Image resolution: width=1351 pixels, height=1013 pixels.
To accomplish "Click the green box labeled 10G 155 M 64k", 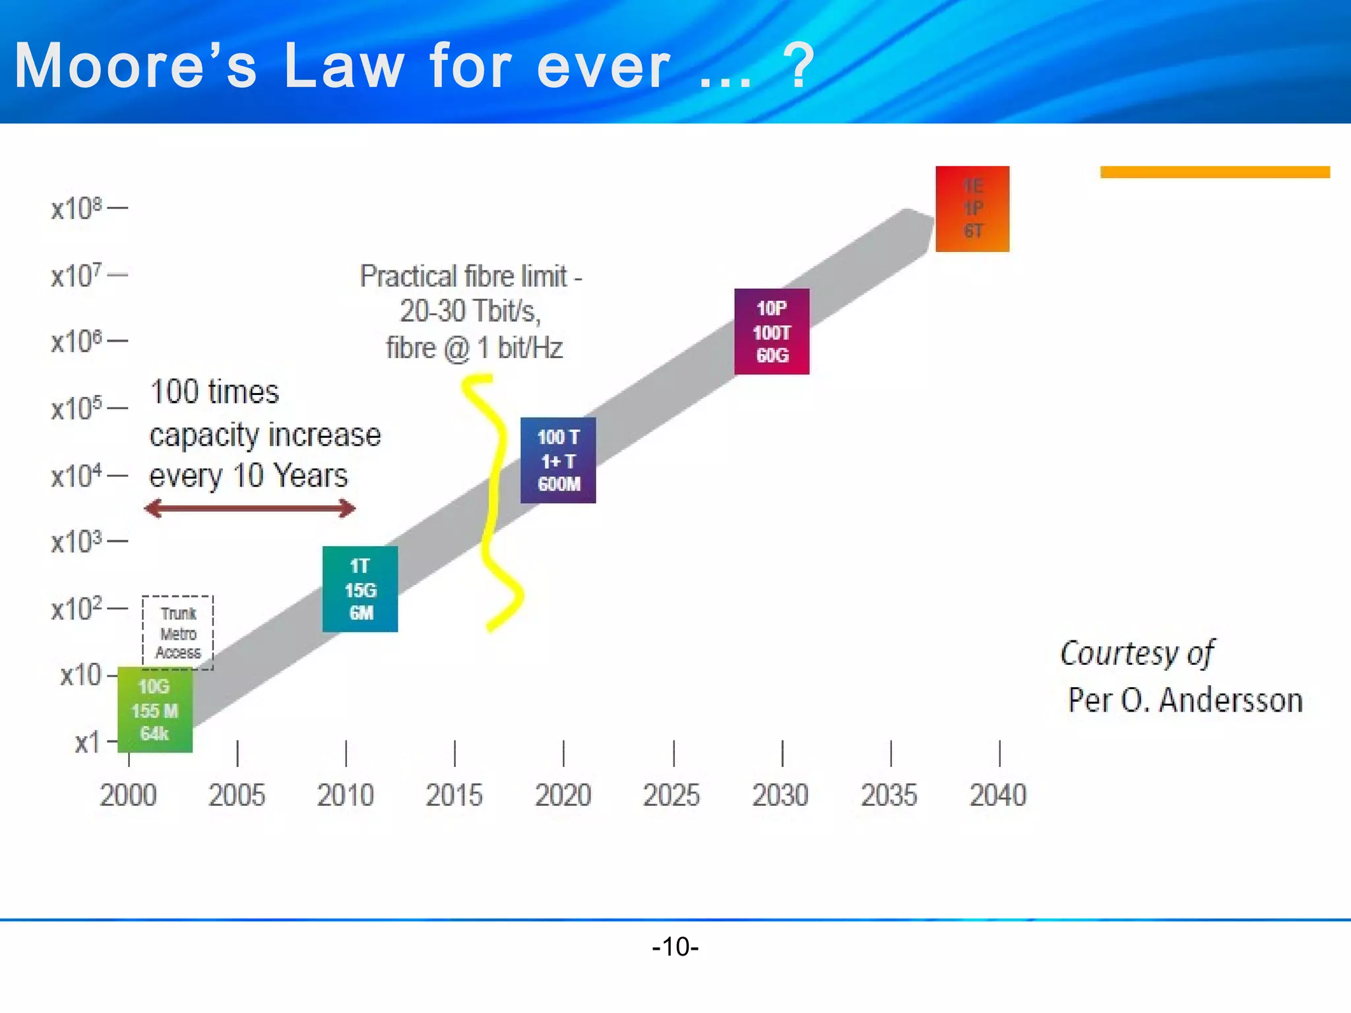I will pyautogui.click(x=155, y=710).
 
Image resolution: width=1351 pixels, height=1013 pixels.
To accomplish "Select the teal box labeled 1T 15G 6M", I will pyautogui.click(x=360, y=589).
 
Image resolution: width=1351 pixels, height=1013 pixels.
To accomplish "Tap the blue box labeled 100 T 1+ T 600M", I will pyautogui.click(x=558, y=460).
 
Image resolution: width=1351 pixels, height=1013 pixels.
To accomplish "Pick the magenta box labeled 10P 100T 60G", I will pyautogui.click(x=771, y=332).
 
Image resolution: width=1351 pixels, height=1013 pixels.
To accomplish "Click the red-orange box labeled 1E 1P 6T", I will pyautogui.click(x=972, y=208).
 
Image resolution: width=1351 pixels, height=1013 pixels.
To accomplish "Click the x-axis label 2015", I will pyautogui.click(x=454, y=795).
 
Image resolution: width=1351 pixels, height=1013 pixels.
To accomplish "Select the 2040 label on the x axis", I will pyautogui.click(x=997, y=795).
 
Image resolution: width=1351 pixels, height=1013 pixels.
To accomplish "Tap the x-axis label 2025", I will pyautogui.click(x=671, y=795).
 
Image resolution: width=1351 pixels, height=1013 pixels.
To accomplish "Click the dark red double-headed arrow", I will pyautogui.click(x=249, y=508).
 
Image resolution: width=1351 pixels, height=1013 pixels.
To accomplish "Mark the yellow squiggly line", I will pyautogui.click(x=495, y=501).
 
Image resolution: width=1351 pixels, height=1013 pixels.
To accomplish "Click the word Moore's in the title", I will pyautogui.click(x=135, y=66).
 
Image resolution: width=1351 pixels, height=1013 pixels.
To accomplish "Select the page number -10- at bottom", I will pyautogui.click(x=675, y=946).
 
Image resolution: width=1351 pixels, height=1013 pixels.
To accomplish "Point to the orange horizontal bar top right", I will pyautogui.click(x=1214, y=172).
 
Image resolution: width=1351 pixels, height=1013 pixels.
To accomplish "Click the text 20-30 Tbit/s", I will pyautogui.click(x=470, y=311).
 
